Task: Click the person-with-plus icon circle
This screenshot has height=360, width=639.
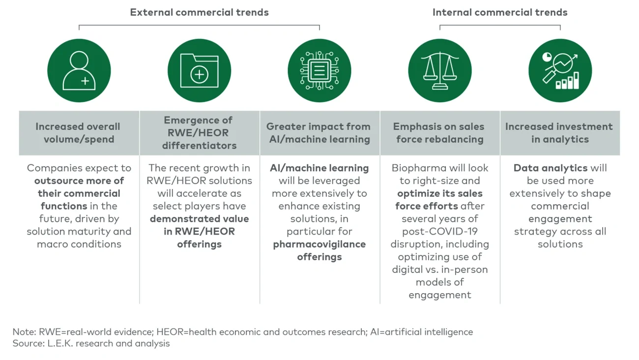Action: click(x=79, y=71)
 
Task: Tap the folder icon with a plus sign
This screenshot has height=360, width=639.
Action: click(x=199, y=71)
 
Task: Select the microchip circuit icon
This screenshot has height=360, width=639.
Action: click(x=319, y=71)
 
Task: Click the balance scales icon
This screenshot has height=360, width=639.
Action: click(x=439, y=71)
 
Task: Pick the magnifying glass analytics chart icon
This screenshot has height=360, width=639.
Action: click(x=560, y=71)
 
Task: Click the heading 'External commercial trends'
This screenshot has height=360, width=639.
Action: click(x=199, y=12)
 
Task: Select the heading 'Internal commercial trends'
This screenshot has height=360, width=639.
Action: click(x=500, y=12)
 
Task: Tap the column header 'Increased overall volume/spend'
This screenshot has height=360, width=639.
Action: click(x=79, y=133)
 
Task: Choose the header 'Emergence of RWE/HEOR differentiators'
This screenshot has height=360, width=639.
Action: click(x=199, y=133)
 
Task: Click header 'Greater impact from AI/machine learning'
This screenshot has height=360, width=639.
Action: click(x=319, y=133)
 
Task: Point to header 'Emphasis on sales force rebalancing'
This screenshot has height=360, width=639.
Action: click(x=439, y=133)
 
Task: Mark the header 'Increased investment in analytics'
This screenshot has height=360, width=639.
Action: click(x=560, y=133)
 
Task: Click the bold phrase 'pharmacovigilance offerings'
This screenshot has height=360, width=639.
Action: click(x=319, y=250)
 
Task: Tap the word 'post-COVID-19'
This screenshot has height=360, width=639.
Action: click(x=439, y=232)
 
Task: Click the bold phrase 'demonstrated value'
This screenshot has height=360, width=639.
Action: click(x=199, y=219)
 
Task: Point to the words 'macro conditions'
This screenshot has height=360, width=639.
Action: click(x=79, y=244)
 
